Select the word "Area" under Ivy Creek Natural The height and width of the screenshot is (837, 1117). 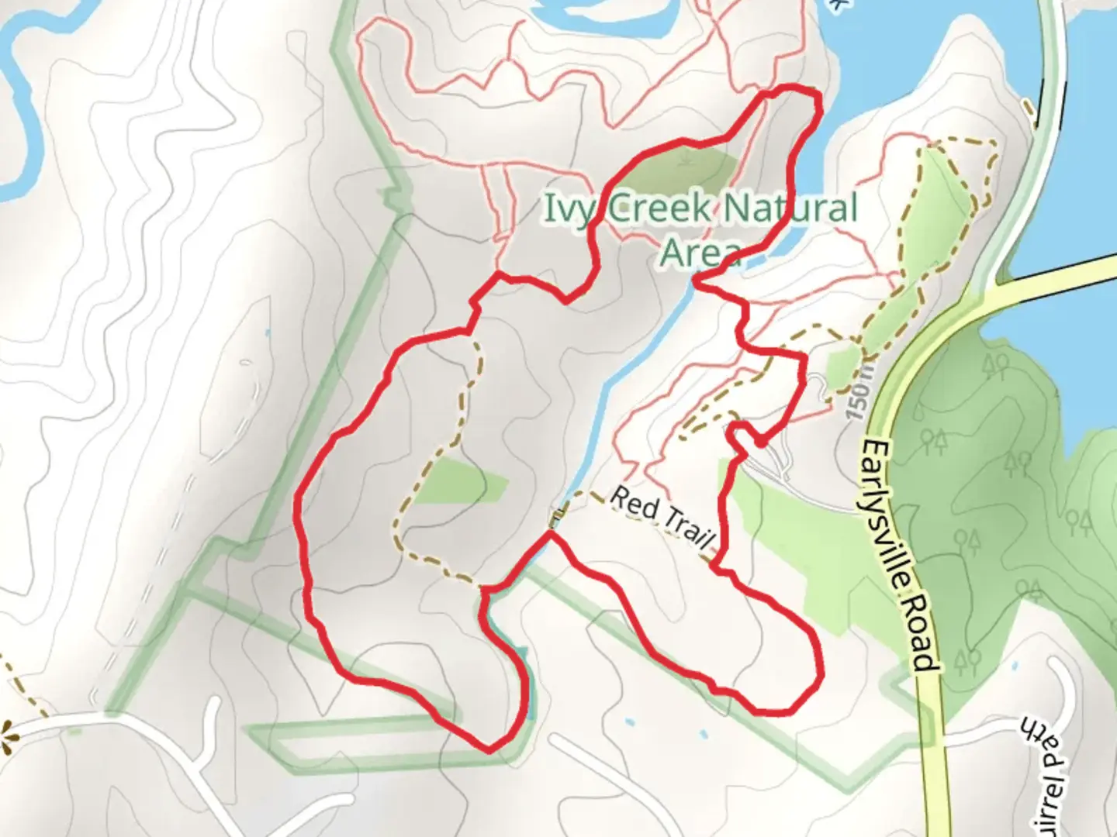coord(700,253)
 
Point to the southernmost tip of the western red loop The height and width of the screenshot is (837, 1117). coord(489,749)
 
